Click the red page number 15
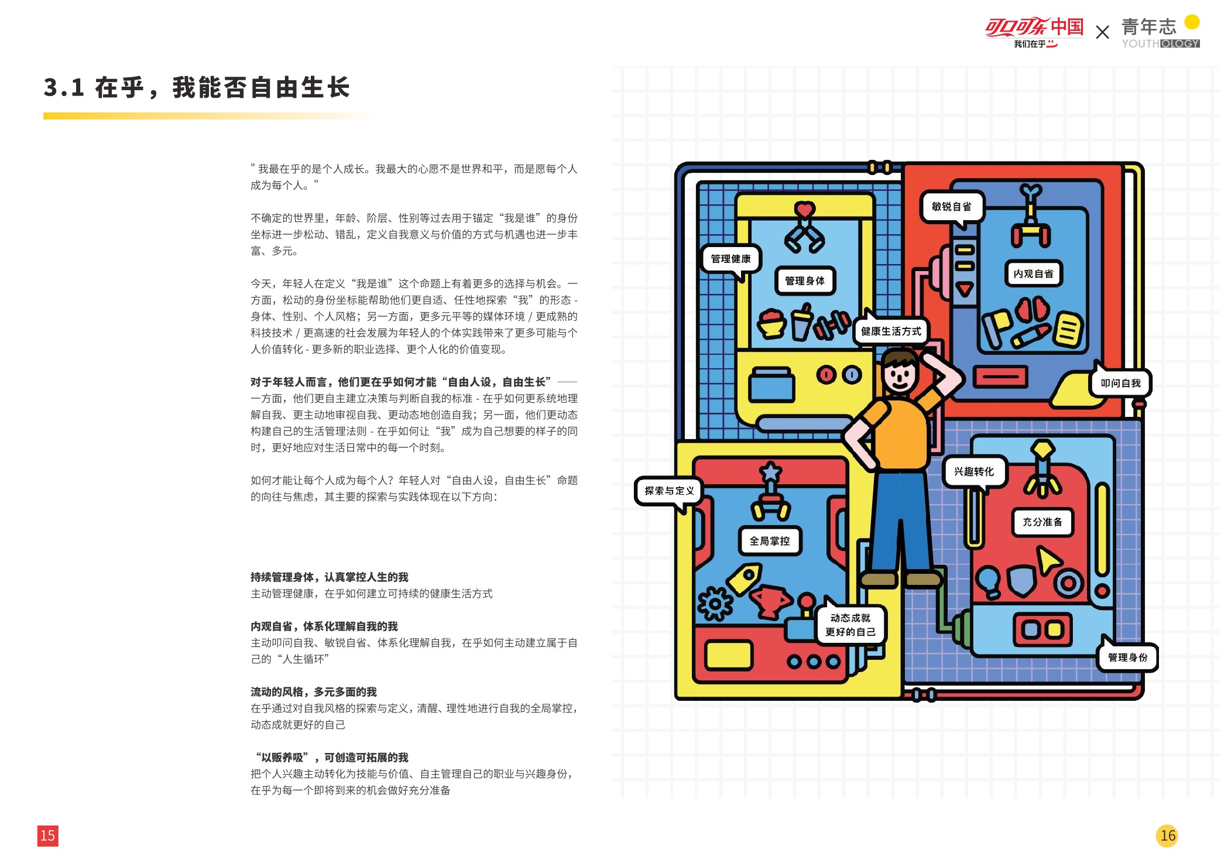tap(47, 835)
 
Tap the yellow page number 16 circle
tap(1167, 835)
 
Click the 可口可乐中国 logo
tap(1034, 31)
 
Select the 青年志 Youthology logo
tap(1160, 32)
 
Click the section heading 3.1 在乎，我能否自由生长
tap(197, 88)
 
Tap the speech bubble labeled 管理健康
tap(730, 259)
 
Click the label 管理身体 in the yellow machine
tap(804, 281)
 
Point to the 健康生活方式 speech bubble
tap(891, 331)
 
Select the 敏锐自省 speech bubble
tap(951, 207)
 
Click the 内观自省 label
tap(1033, 273)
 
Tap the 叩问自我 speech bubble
tap(1120, 383)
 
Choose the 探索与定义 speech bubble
tap(669, 491)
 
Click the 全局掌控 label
tap(769, 541)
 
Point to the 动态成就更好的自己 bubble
tap(850, 625)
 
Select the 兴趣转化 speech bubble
tap(973, 472)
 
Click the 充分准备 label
tap(1042, 522)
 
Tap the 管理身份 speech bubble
tap(1127, 657)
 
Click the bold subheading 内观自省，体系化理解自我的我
tap(324, 626)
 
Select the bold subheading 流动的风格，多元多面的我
tap(313, 692)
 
